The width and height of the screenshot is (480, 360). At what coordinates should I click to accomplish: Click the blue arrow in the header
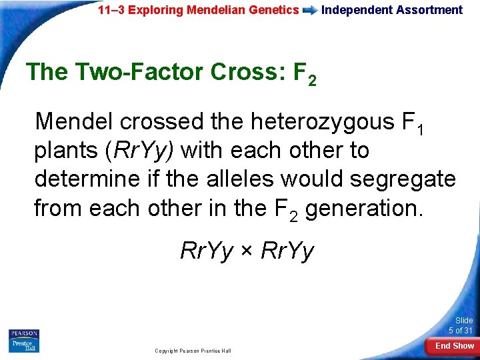pos(310,10)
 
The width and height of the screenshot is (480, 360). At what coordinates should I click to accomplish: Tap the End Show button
pos(455,345)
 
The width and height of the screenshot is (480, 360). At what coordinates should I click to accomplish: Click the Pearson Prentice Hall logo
pos(23,340)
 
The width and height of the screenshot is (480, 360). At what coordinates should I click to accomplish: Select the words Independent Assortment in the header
pos(392,10)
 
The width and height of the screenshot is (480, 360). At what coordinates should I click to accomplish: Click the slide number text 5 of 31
pos(460,331)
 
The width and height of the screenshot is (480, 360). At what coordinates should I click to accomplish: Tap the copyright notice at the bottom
pos(193,350)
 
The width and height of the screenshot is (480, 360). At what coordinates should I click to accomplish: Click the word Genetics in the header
pos(274,10)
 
